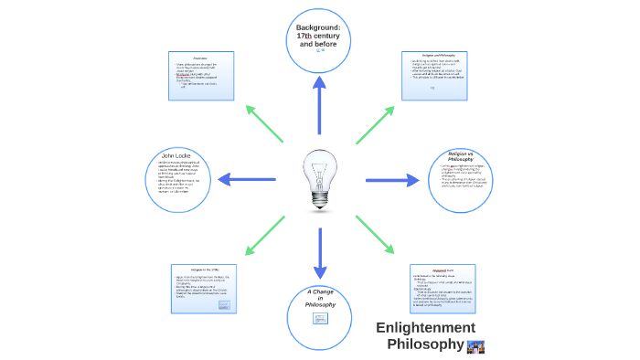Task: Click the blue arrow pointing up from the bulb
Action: [x=320, y=105]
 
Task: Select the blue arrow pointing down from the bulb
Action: [x=320, y=253]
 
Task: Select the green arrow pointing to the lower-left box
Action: [x=265, y=235]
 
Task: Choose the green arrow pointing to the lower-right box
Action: [x=375, y=235]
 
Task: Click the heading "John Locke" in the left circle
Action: [x=174, y=154]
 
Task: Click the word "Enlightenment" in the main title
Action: [x=425, y=327]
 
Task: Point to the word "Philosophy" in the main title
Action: [x=425, y=344]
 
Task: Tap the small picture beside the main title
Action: [x=475, y=345]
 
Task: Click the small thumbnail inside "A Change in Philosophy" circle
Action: [x=320, y=318]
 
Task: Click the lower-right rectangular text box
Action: [x=443, y=287]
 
